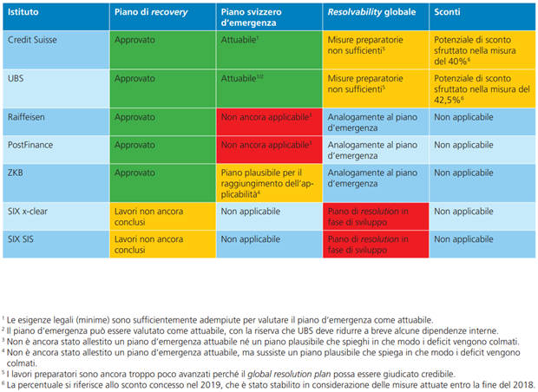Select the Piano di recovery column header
coord(148,15)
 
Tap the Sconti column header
coord(448,15)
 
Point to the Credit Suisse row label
coord(31,41)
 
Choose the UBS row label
coord(17,78)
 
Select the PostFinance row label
coord(30,145)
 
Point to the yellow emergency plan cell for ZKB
coord(267,184)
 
